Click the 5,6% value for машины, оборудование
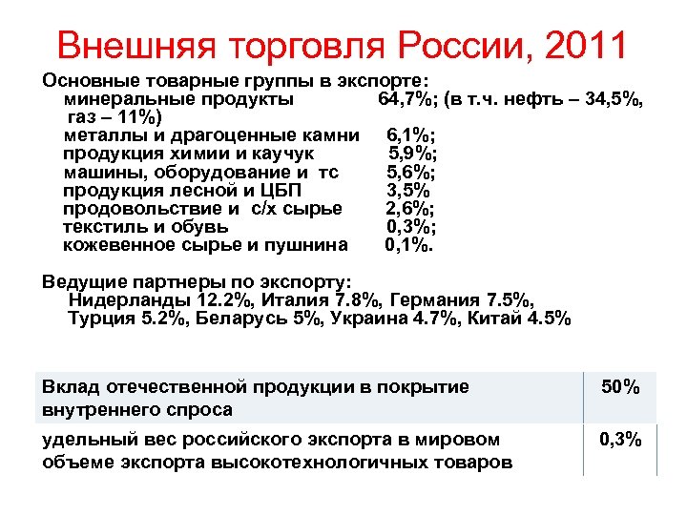click(411, 172)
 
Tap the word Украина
click(366, 319)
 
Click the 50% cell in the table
click(620, 387)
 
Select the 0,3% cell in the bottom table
click(620, 440)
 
